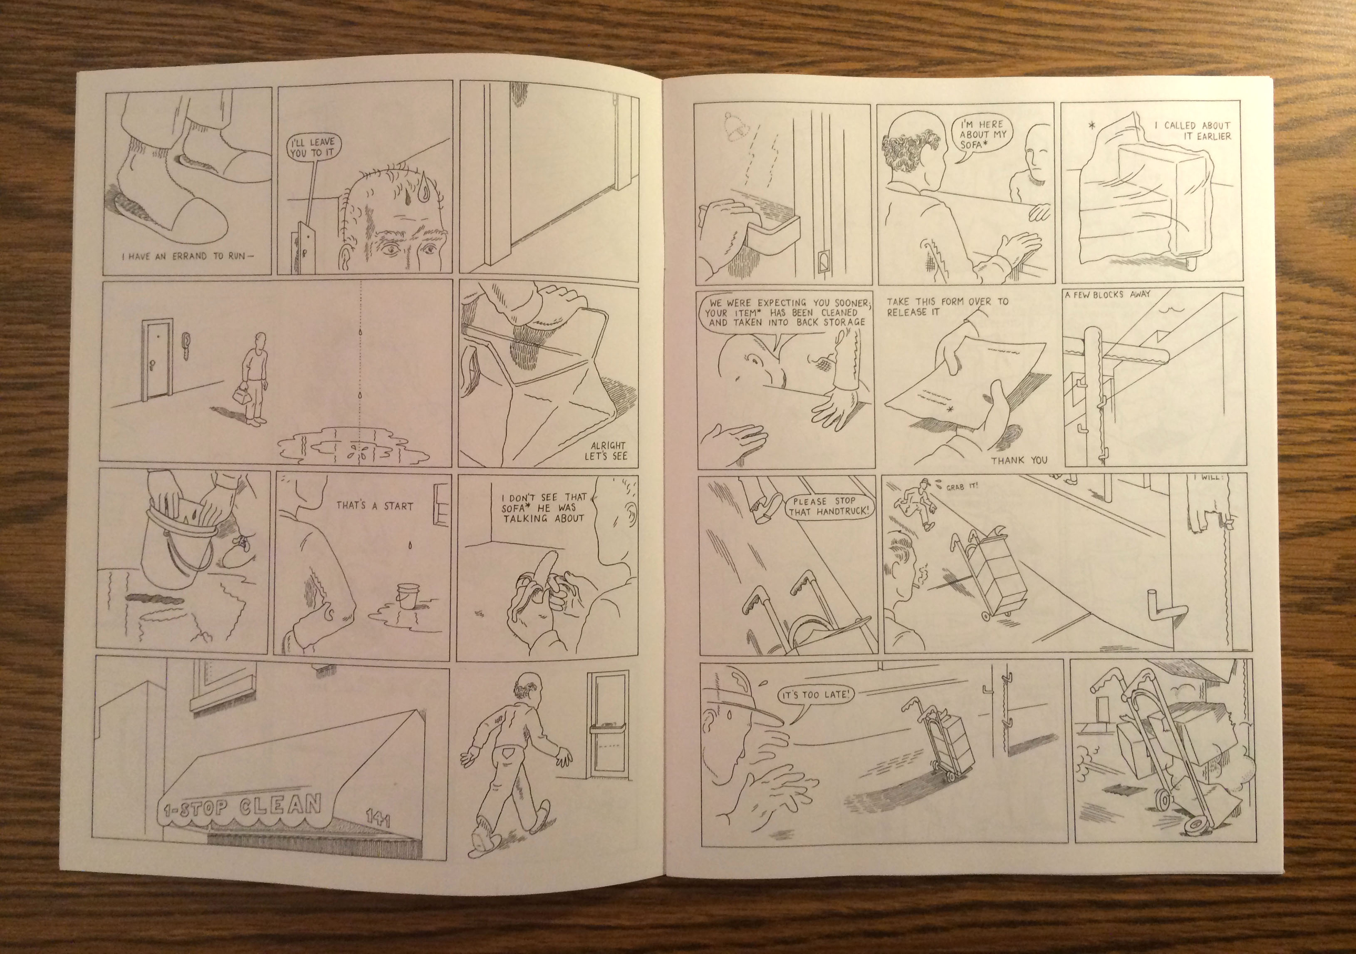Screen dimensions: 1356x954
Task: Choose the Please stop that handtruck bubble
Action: click(829, 507)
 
